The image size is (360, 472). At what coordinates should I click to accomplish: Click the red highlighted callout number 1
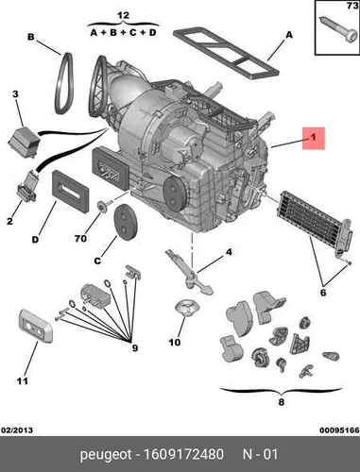click(314, 138)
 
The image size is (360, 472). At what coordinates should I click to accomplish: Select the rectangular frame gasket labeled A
click(226, 52)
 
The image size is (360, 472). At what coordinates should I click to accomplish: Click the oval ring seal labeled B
click(64, 82)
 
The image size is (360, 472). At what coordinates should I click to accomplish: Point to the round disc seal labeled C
click(126, 221)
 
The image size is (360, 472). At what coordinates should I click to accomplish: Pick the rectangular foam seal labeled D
click(70, 191)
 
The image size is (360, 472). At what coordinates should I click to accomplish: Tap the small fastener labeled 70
click(103, 205)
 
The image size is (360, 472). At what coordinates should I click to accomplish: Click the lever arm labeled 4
click(189, 271)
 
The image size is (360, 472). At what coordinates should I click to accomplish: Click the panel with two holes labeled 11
click(35, 326)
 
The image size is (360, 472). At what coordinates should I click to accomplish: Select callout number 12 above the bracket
click(123, 15)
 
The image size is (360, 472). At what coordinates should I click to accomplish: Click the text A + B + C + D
click(123, 32)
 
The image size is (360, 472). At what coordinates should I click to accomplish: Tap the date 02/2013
click(17, 430)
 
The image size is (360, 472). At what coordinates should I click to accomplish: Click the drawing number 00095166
click(339, 430)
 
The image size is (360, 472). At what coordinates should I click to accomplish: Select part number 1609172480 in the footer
click(183, 454)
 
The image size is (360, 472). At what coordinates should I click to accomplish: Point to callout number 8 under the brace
click(282, 402)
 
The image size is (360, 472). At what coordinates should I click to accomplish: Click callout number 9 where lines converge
click(135, 348)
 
